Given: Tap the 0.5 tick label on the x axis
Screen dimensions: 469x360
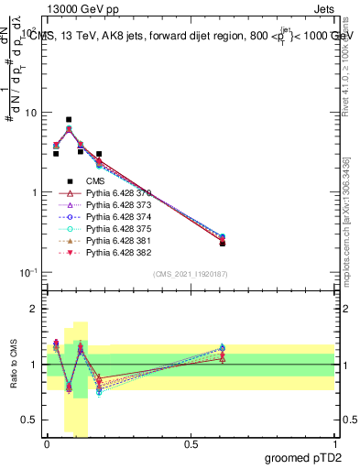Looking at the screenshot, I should (191, 443).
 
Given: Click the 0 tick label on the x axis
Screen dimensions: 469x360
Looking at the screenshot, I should (47, 443).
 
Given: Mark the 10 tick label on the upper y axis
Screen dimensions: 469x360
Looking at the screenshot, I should (29, 113).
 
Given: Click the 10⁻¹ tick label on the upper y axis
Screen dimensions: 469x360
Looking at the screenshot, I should (27, 272).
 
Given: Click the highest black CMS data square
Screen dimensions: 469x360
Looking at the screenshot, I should (69, 119).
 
